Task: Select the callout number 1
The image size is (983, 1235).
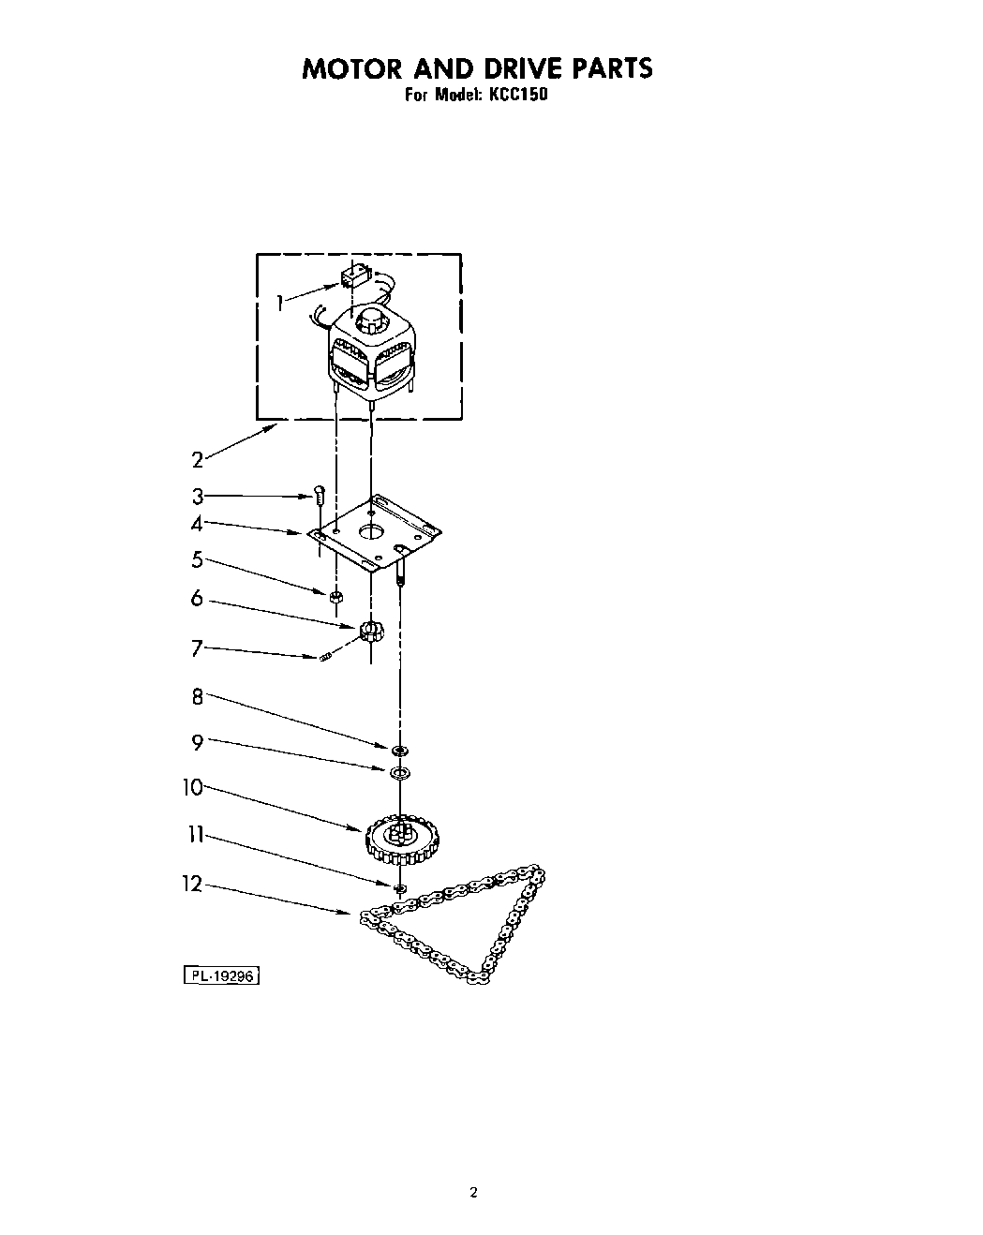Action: tap(279, 302)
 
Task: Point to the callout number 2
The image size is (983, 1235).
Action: tap(198, 459)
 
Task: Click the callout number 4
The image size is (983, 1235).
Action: tap(198, 522)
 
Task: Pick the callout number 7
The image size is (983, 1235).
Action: tap(197, 647)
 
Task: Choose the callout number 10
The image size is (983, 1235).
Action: tap(193, 787)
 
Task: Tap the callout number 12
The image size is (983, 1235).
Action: tap(192, 884)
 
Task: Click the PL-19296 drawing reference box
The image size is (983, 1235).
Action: tap(220, 975)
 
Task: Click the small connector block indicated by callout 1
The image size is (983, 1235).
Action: tap(352, 275)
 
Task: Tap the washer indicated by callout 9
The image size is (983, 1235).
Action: tap(400, 772)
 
